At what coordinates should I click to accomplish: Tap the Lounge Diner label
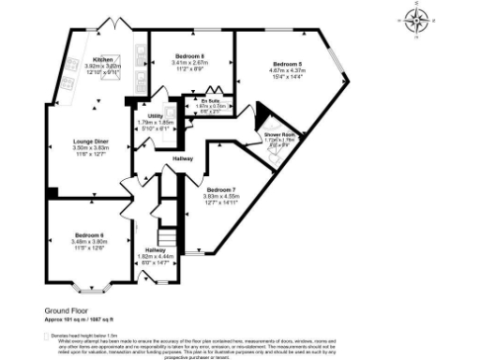click(91, 142)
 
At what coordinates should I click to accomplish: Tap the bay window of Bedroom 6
click(90, 282)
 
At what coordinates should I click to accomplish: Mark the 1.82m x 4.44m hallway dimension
click(156, 257)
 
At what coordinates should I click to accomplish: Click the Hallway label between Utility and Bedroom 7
click(183, 159)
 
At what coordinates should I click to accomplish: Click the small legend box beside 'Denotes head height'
click(47, 334)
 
